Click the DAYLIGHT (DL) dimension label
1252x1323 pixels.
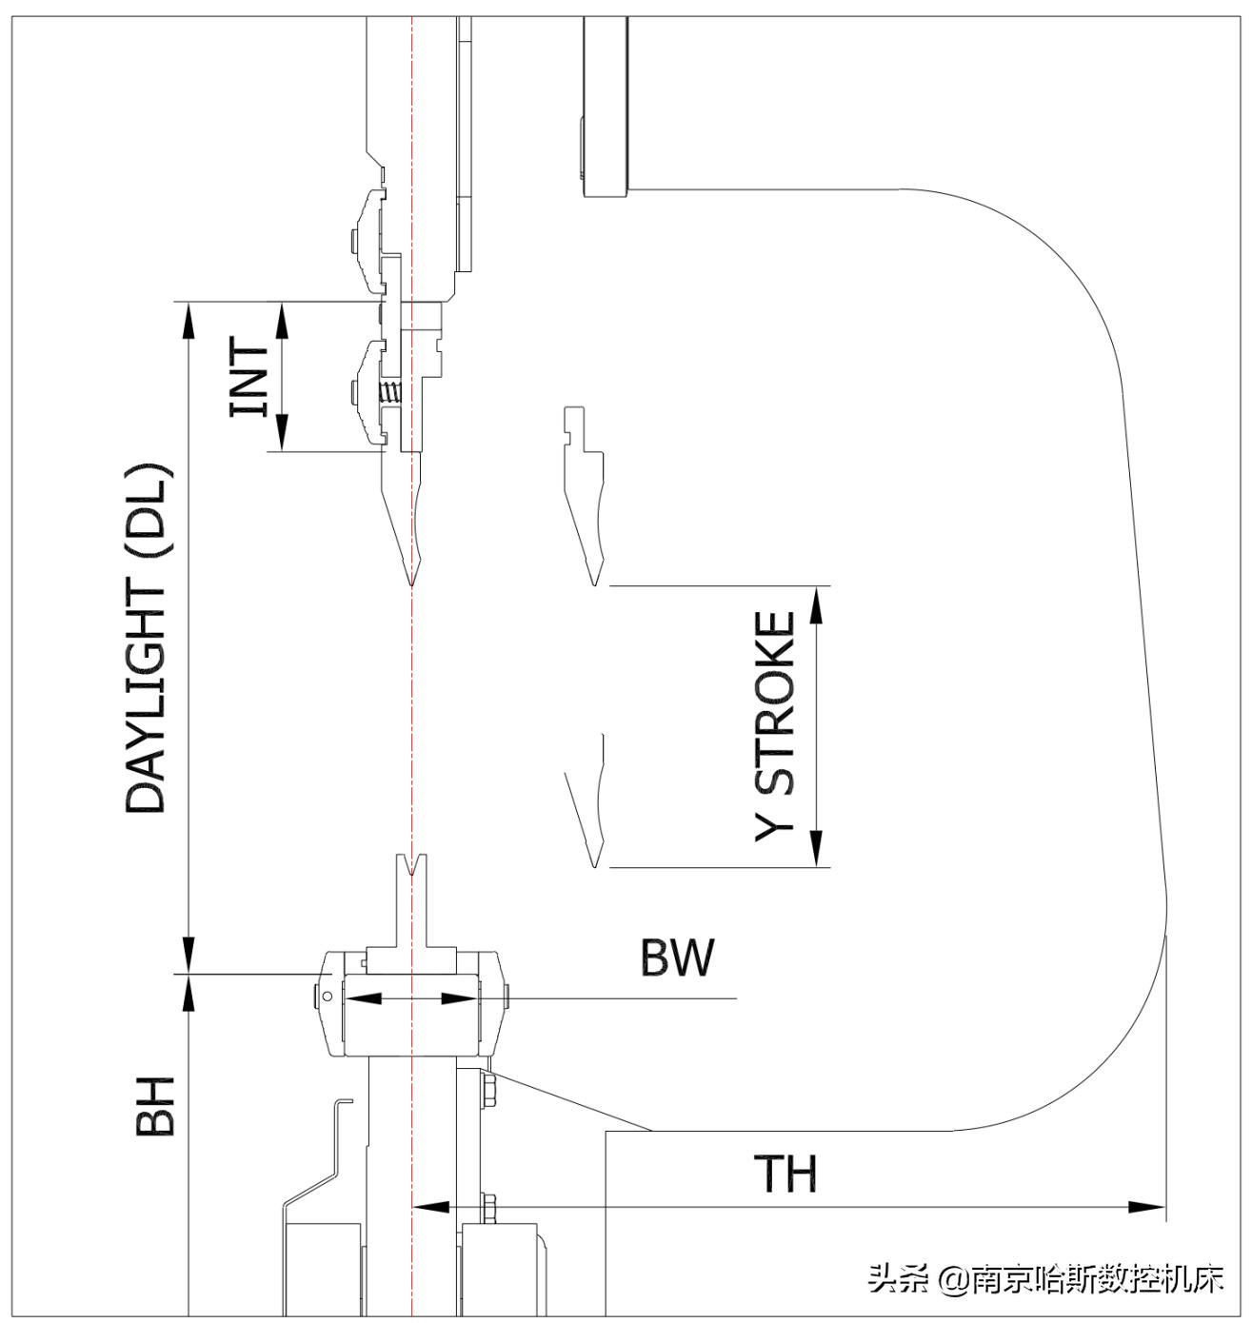click(x=147, y=639)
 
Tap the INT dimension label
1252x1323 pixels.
click(x=250, y=377)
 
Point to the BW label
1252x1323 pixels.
click(x=676, y=958)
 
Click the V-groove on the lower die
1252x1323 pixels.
click(x=411, y=867)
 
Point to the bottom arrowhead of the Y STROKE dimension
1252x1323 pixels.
click(x=817, y=849)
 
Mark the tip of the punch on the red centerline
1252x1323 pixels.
click(x=410, y=583)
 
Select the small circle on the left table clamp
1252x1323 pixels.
click(x=328, y=997)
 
